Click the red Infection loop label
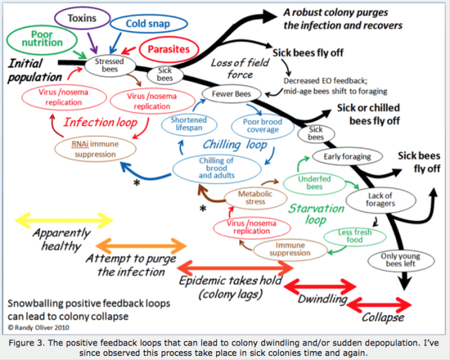pyautogui.click(x=97, y=123)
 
